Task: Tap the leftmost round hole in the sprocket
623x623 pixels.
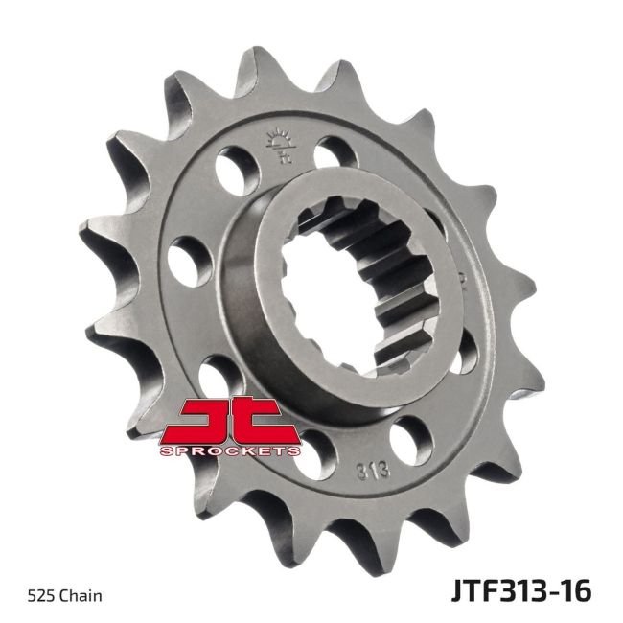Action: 190,259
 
